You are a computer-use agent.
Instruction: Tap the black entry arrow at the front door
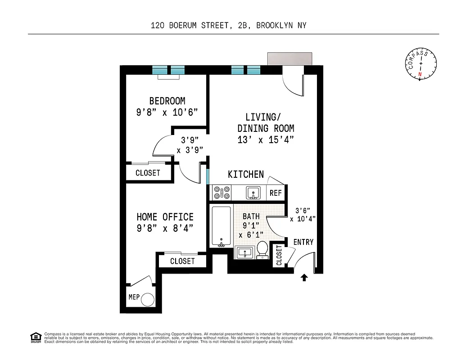click(304, 277)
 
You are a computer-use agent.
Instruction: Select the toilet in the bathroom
click(262, 250)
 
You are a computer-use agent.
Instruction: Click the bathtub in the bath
click(221, 226)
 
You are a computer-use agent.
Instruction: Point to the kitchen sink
click(253, 193)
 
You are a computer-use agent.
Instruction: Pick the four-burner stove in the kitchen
click(222, 193)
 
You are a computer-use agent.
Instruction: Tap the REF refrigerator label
click(276, 193)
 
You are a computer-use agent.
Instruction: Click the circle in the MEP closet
click(148, 300)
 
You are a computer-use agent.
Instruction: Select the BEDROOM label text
click(167, 101)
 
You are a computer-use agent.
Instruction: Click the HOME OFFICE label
click(165, 217)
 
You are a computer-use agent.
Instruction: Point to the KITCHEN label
click(246, 175)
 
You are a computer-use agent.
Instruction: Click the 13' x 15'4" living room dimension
click(266, 140)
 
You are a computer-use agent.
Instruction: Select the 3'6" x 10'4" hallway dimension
click(303, 215)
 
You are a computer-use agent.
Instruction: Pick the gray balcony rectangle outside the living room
click(290, 59)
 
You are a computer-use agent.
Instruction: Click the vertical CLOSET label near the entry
click(279, 255)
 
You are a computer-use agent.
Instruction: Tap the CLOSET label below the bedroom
click(148, 173)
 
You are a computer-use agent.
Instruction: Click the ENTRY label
click(303, 242)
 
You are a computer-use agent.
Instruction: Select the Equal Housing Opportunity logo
click(36, 337)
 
